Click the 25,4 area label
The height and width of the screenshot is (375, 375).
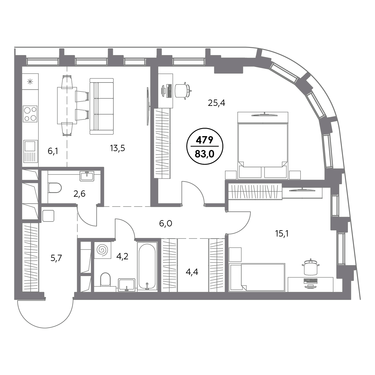point(216,103)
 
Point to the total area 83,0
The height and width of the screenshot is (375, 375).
point(205,154)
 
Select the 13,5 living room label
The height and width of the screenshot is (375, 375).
point(117,148)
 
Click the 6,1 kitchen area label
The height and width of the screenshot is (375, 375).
point(53,151)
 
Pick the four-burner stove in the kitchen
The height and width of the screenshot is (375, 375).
point(30,114)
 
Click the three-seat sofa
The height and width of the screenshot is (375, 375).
point(102,106)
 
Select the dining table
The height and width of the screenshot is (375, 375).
point(67,106)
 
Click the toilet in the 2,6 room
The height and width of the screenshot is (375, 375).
point(55,188)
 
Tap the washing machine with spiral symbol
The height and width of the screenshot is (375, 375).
point(103,250)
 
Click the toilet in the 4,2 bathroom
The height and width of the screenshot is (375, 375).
point(105,280)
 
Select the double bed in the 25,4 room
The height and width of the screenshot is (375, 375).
point(263,145)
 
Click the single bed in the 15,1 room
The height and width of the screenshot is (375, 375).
point(257,277)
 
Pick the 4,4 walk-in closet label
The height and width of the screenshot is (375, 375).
point(192,272)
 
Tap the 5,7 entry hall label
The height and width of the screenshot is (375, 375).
point(56,258)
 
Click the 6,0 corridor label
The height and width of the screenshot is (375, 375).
point(166,224)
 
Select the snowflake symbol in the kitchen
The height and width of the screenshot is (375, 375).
point(30,82)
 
